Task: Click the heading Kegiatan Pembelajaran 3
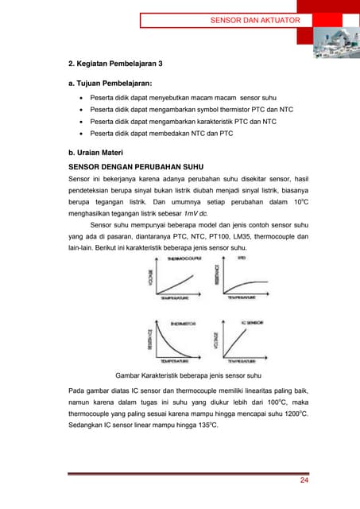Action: [117, 63]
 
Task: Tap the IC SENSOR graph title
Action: [252, 323]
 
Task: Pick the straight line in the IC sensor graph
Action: [242, 340]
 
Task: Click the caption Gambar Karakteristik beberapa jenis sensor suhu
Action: [188, 375]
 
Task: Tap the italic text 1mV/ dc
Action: [195, 213]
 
